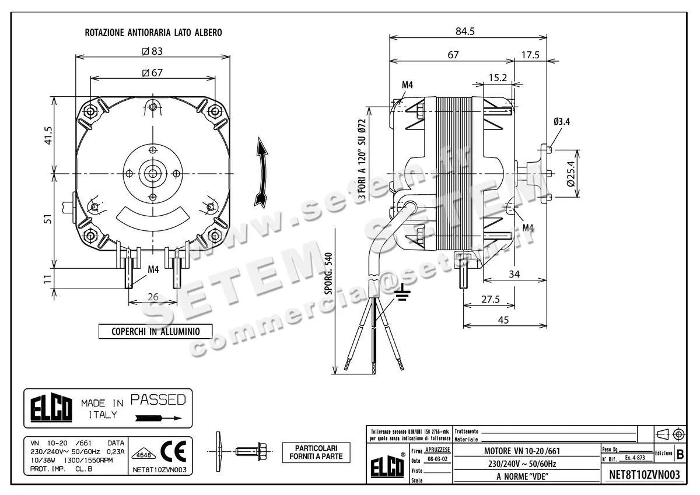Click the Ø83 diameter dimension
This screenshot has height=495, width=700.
(152, 51)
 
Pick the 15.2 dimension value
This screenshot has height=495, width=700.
(497, 77)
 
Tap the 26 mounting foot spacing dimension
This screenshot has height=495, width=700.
(153, 297)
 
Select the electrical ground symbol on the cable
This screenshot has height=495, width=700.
(401, 294)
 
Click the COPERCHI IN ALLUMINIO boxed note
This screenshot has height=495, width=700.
(155, 331)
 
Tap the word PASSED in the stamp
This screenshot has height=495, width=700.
(158, 400)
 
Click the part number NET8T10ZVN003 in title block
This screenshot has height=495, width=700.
(644, 475)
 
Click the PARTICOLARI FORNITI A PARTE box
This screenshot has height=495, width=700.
(316, 452)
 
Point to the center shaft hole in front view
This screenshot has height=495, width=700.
(153, 173)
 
